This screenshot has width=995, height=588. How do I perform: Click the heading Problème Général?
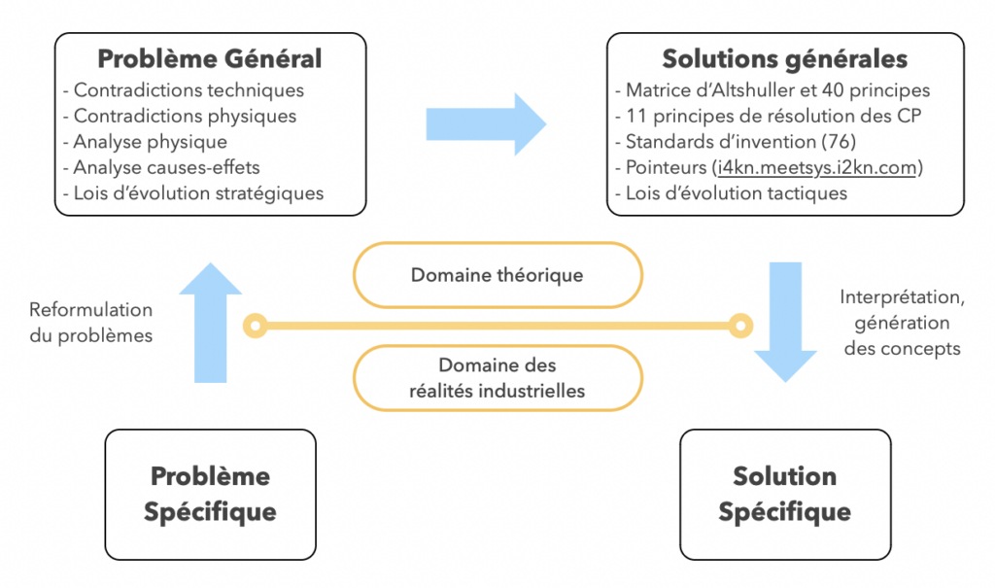point(210,59)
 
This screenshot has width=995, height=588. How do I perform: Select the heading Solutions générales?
point(784,59)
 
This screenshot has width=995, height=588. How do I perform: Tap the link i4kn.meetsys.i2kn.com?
point(817,167)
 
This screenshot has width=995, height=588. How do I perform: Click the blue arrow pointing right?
point(486,124)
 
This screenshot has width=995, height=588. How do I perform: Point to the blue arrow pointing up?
point(211,323)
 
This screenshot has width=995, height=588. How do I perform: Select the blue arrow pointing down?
point(785,323)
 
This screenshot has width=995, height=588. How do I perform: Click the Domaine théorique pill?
point(497,275)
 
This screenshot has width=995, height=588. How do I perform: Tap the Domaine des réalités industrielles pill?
point(497,378)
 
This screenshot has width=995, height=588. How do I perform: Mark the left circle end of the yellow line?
point(256,326)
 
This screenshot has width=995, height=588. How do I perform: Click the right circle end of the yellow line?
point(740,326)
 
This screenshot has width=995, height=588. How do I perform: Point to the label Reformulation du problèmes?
point(91,323)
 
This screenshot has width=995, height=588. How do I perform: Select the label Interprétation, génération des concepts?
point(902,323)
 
